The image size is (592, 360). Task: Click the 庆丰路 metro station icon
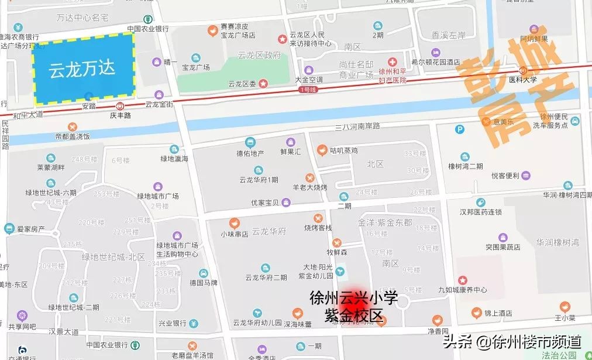pyautogui.click(x=120, y=106)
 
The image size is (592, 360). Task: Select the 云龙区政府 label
pyautogui.click(x=259, y=56)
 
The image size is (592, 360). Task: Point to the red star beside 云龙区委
pyautogui.click(x=264, y=84)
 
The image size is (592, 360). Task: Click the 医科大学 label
pyautogui.click(x=522, y=79)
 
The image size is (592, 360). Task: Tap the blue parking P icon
pyautogui.click(x=460, y=129)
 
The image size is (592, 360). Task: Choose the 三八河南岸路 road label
pyautogui.click(x=357, y=126)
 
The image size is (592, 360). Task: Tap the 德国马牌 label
pyautogui.click(x=204, y=283)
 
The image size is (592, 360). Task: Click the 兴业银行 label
pyautogui.click(x=173, y=323)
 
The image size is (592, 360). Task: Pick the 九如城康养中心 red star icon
pyautogui.click(x=463, y=280)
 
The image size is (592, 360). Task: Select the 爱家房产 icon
pyautogui.click(x=9, y=228)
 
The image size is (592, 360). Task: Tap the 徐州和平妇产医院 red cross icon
pyautogui.click(x=394, y=61)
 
